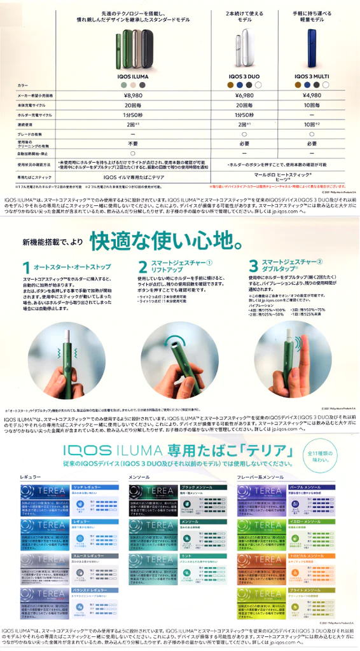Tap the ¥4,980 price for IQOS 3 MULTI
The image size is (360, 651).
(x=311, y=94)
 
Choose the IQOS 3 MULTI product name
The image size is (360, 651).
(x=311, y=74)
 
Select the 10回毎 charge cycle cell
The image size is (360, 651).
(x=311, y=105)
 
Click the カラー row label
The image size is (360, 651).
(x=23, y=85)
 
